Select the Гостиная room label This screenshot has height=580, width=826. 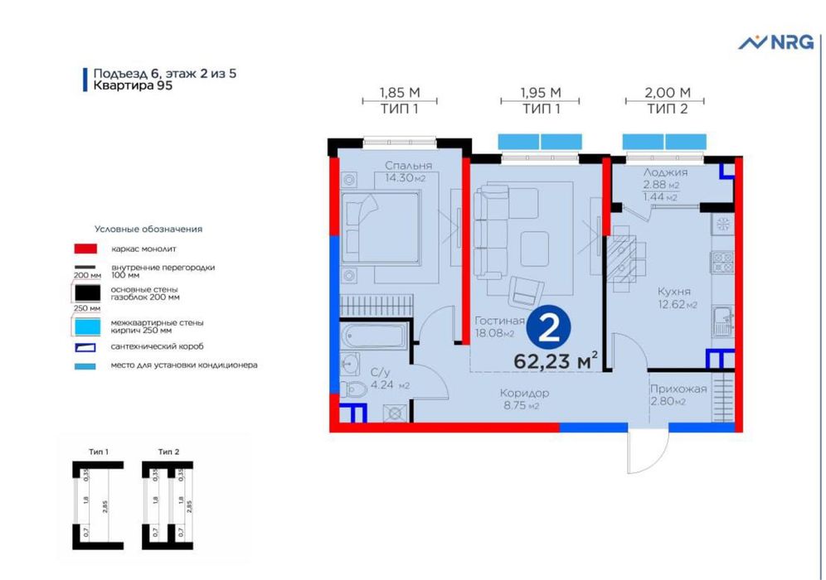click(x=501, y=321)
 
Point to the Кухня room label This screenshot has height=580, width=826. click(x=673, y=292)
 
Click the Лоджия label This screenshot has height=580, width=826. click(x=665, y=172)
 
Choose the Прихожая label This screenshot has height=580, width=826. click(x=678, y=389)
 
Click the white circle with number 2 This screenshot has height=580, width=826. click(x=547, y=329)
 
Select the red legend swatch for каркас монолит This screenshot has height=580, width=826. click(x=85, y=248)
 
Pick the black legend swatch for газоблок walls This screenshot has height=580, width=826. click(x=85, y=292)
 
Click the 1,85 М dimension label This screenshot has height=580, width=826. click(x=399, y=92)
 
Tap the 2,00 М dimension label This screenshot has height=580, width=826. click(x=668, y=92)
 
